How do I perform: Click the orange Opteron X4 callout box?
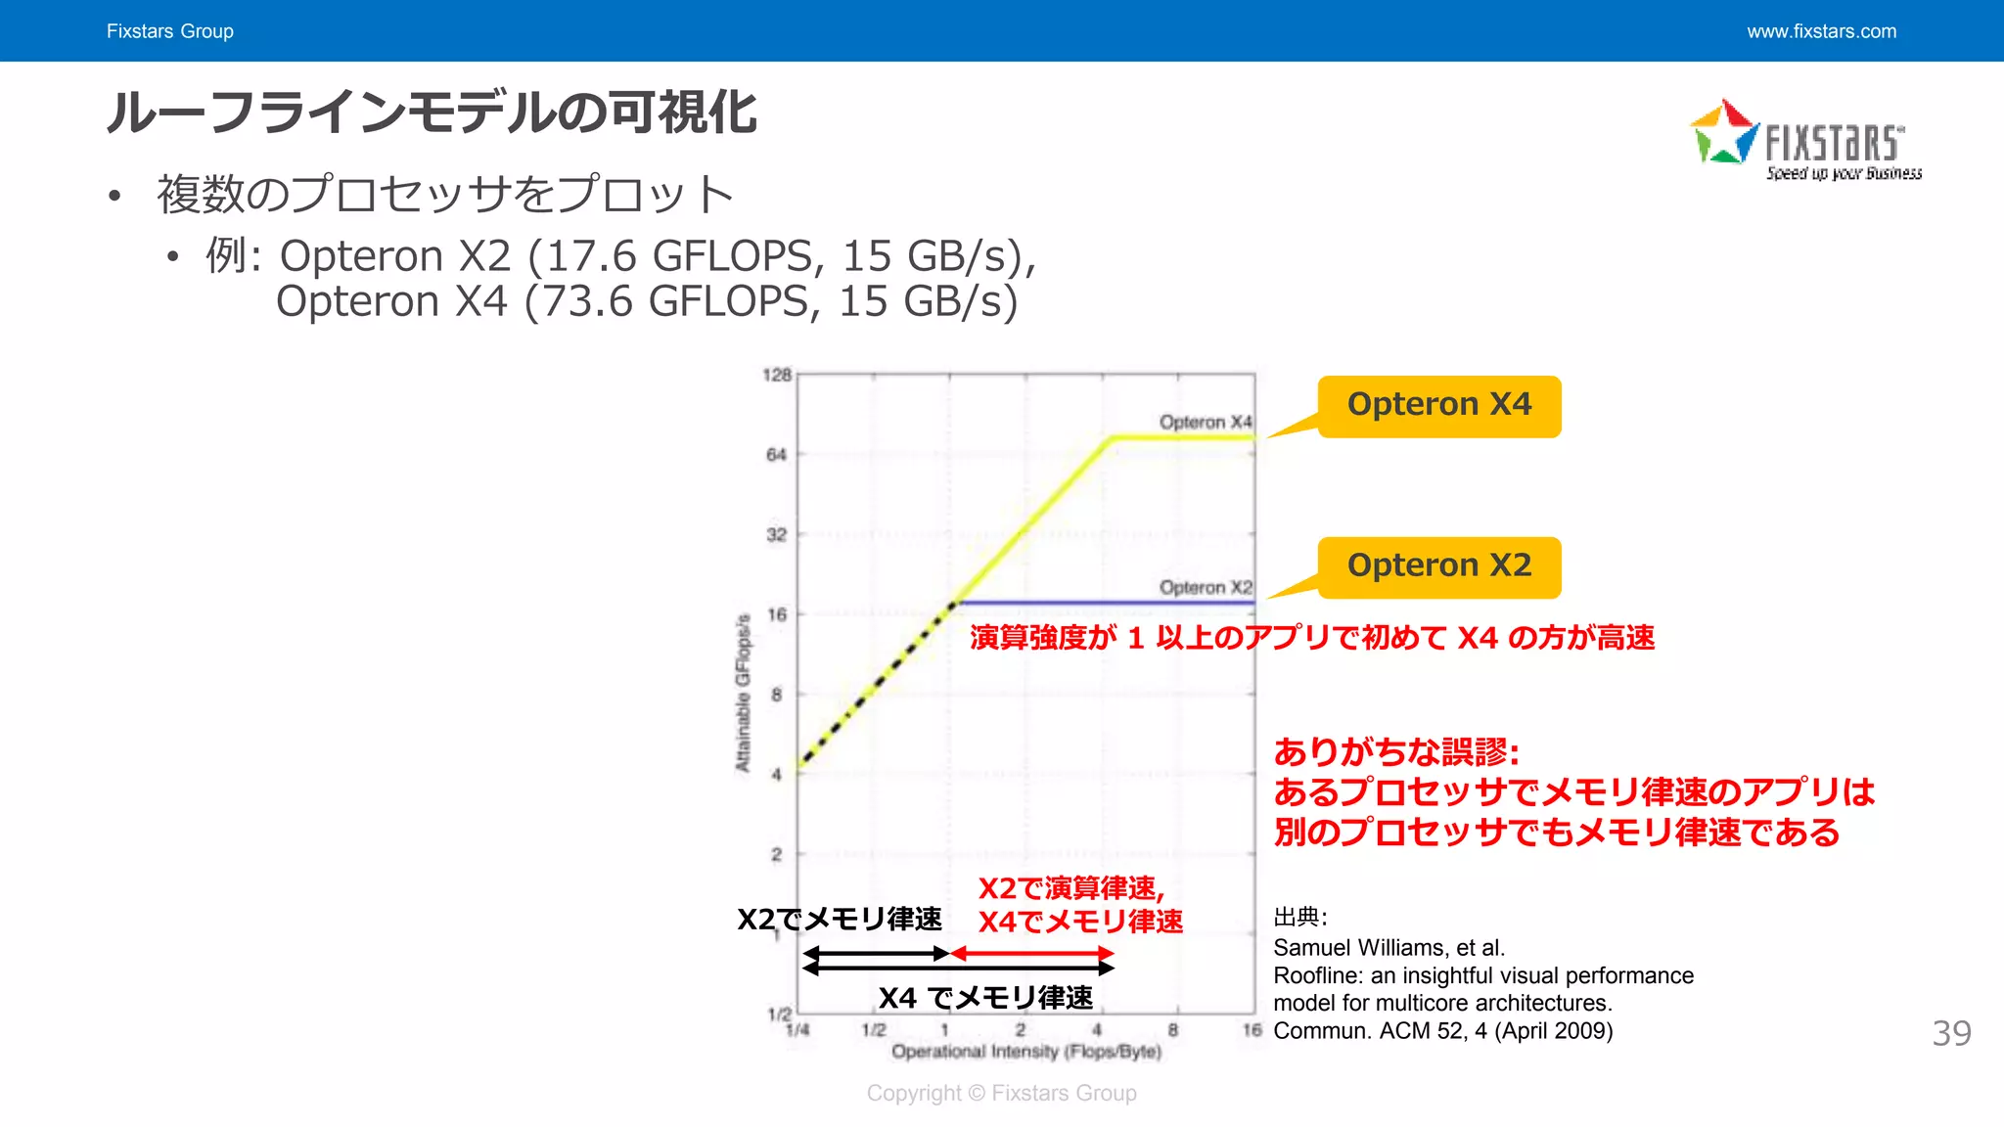pyautogui.click(x=1438, y=406)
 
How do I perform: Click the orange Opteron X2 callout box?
pyautogui.click(x=1438, y=566)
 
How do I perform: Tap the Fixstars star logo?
pyautogui.click(x=1724, y=133)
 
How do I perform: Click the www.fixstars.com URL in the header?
pyautogui.click(x=1821, y=31)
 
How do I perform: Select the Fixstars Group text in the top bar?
pyautogui.click(x=170, y=31)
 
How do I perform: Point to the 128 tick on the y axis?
pyautogui.click(x=777, y=375)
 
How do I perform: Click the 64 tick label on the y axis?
pyautogui.click(x=776, y=455)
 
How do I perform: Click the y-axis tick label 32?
pyautogui.click(x=776, y=535)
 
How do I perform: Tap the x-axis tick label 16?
pyautogui.click(x=1252, y=1030)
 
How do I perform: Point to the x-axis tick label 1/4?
pyautogui.click(x=797, y=1030)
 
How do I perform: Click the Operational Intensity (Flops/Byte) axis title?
pyautogui.click(x=1026, y=1052)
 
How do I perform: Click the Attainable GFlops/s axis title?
pyautogui.click(x=744, y=693)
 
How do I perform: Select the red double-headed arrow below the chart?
pyautogui.click(x=1032, y=953)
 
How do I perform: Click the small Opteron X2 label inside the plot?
pyautogui.click(x=1206, y=587)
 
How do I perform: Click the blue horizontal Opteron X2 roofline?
pyautogui.click(x=1106, y=603)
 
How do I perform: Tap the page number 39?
pyautogui.click(x=1951, y=1033)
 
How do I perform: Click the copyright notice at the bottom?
pyautogui.click(x=1001, y=1093)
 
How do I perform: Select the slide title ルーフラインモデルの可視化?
pyautogui.click(x=432, y=112)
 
